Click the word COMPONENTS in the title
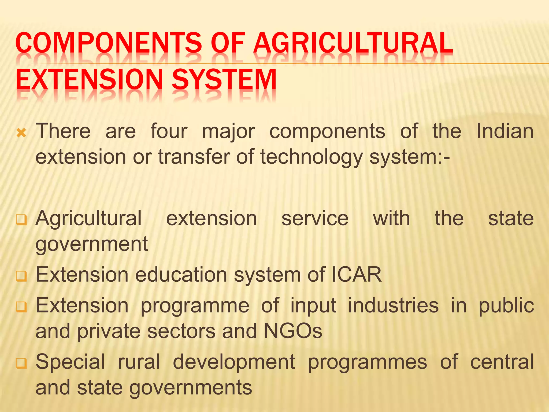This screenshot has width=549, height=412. (108, 43)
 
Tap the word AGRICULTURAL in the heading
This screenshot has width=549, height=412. (353, 43)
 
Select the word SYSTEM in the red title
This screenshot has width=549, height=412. (224, 79)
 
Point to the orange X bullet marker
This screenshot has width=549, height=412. (21, 133)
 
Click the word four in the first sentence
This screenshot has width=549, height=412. (169, 131)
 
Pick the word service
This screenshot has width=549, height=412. (315, 218)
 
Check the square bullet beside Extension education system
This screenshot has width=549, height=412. (21, 276)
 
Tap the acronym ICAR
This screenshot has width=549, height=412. (357, 275)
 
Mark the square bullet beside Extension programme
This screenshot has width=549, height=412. (21, 307)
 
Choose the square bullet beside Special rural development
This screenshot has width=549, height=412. (21, 363)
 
